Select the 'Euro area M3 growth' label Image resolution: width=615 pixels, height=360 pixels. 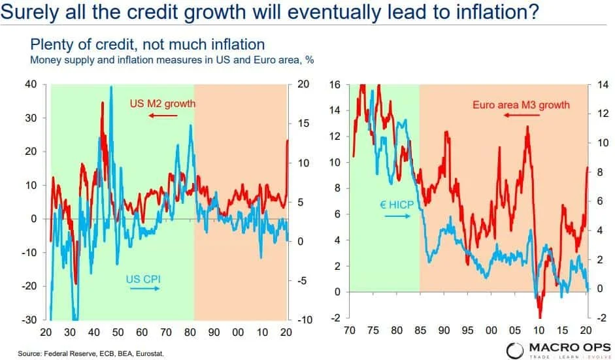click(x=520, y=105)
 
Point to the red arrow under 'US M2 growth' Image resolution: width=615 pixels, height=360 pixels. click(x=163, y=116)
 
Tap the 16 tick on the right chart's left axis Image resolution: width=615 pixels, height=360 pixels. click(x=337, y=84)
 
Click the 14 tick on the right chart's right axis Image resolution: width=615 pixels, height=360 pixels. click(x=602, y=84)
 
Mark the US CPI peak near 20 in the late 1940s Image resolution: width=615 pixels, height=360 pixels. click(x=111, y=87)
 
